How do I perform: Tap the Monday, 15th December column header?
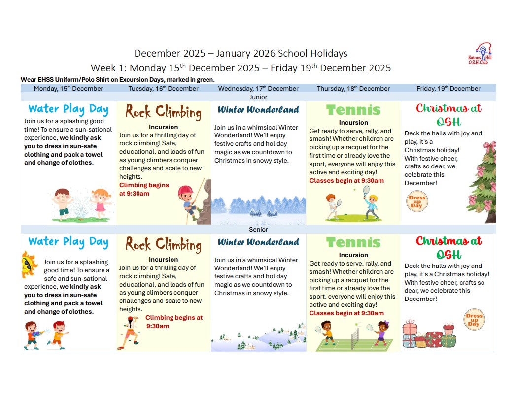(x=69, y=89)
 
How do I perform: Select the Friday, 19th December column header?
(x=448, y=89)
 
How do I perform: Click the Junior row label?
(x=258, y=97)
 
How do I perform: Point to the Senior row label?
(x=258, y=230)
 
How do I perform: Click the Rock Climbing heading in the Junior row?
(x=163, y=112)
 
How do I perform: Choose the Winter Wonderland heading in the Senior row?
(x=258, y=242)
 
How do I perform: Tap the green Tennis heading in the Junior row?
(x=353, y=110)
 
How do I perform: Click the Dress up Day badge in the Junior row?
(x=416, y=202)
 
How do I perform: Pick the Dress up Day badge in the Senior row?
(x=474, y=320)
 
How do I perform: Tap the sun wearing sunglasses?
(x=29, y=265)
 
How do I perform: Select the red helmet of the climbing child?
(x=185, y=191)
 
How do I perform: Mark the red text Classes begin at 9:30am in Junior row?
(x=346, y=181)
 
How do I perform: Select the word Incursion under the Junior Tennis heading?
(x=353, y=123)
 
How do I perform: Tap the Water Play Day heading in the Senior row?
(x=68, y=242)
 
